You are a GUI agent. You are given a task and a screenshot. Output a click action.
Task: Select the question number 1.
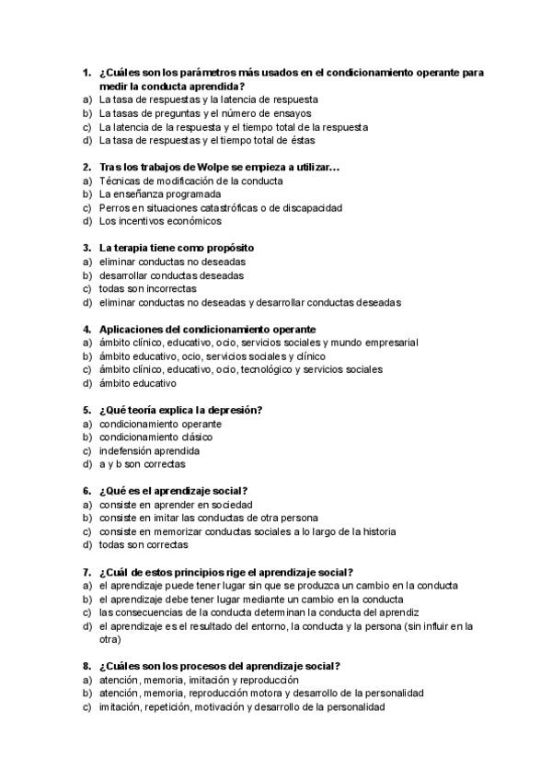[x=86, y=72]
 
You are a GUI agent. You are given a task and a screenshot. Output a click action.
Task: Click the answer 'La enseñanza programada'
[x=160, y=194]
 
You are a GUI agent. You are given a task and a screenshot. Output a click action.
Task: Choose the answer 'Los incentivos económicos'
[x=160, y=221]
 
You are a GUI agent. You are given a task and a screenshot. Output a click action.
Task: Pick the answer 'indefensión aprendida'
[x=149, y=450]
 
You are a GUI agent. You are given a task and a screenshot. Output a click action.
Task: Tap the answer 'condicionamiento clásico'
[x=155, y=437]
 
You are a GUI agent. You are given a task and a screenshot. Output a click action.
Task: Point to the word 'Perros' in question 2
[x=114, y=208]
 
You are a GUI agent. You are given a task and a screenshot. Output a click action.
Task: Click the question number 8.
[x=86, y=666]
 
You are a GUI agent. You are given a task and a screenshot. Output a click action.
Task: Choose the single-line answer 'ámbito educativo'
[x=137, y=383]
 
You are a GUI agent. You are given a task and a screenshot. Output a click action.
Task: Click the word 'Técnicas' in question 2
[x=119, y=181]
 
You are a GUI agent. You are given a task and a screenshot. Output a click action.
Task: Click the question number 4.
[x=86, y=329]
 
